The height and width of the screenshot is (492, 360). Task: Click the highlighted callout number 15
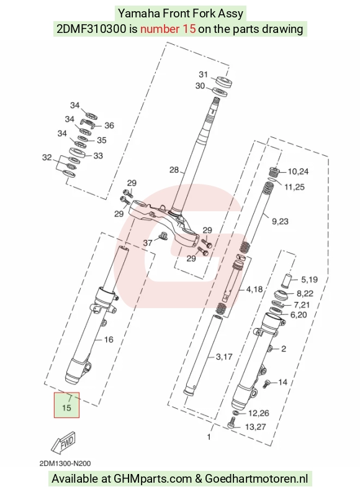66,408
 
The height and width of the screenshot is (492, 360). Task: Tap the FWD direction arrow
64,442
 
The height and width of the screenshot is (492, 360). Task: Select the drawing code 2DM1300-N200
65,463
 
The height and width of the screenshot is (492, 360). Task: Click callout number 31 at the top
203,75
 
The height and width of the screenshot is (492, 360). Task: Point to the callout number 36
109,125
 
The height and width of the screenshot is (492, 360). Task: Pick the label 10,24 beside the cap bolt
298,171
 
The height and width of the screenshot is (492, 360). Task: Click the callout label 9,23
280,222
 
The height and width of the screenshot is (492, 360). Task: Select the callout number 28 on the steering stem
174,170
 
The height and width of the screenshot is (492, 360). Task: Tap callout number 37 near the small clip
148,242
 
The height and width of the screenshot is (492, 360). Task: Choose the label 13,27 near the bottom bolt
255,427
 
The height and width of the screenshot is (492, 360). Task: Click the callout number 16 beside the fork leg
109,340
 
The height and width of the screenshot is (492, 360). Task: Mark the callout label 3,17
224,357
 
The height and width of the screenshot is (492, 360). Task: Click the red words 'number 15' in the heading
168,29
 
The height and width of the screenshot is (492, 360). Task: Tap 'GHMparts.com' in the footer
153,479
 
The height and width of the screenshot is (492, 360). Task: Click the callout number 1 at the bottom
209,437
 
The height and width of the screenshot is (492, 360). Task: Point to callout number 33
98,156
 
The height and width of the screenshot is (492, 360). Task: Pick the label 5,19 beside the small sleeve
309,280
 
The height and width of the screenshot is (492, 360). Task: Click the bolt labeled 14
266,383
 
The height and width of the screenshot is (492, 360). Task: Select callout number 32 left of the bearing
47,157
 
